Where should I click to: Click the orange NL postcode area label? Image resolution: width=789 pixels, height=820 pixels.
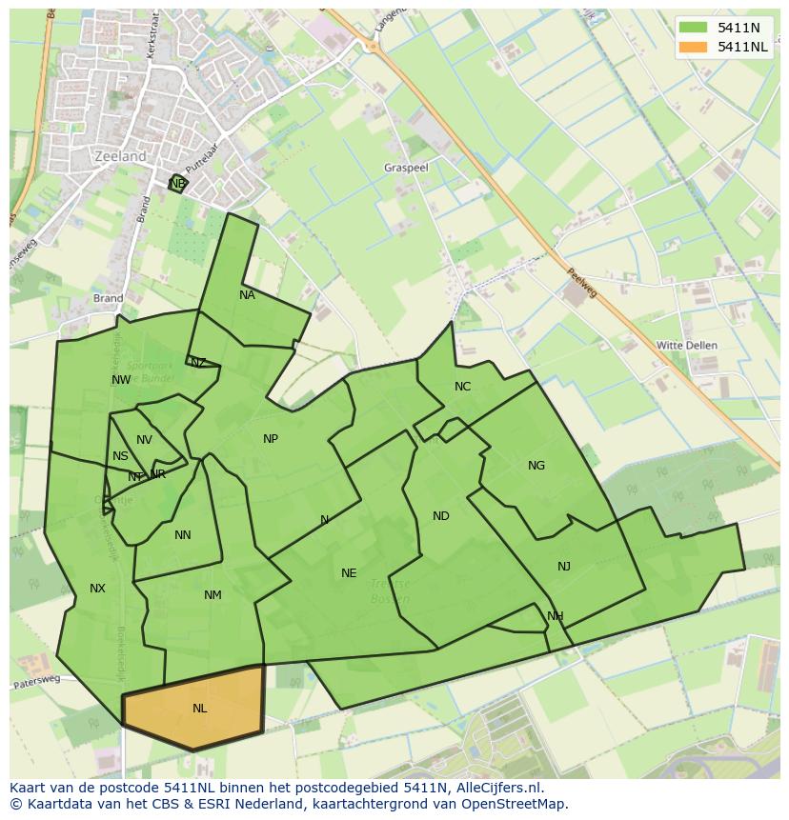[x=200, y=709]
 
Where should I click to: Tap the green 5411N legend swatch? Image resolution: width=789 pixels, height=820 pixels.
[x=693, y=28]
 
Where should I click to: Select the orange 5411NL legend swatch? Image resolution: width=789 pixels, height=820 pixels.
[x=693, y=47]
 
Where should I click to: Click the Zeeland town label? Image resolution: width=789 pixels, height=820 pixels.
[x=121, y=156]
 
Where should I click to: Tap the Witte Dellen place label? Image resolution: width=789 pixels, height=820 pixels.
[x=687, y=345]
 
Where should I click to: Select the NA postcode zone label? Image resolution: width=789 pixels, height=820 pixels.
[x=247, y=295]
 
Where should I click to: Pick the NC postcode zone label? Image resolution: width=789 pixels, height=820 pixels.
[x=462, y=386]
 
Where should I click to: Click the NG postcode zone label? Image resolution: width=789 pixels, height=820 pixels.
[x=536, y=466]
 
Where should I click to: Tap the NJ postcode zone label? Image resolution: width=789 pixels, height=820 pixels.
[x=564, y=567]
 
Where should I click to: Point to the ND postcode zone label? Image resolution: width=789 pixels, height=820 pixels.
[x=440, y=516]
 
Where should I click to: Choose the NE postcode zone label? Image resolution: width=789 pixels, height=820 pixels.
[x=349, y=573]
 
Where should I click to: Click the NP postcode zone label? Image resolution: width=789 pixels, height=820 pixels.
[x=271, y=439]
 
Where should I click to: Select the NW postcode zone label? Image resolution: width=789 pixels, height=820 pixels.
[x=121, y=380]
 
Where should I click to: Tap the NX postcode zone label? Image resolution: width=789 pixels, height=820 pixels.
[x=97, y=589]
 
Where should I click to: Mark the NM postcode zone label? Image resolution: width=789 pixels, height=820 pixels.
[x=212, y=595]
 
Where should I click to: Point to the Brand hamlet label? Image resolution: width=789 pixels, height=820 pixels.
[x=108, y=298]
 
